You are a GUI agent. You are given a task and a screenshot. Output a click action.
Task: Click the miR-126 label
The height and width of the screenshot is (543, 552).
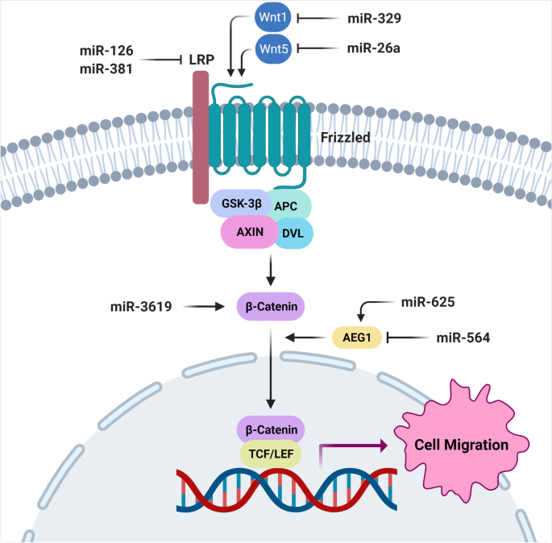(x=106, y=51)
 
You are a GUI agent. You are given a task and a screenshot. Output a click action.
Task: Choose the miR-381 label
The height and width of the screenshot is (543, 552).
(x=106, y=68)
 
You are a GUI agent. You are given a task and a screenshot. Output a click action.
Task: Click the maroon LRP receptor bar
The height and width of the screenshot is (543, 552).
(x=199, y=137)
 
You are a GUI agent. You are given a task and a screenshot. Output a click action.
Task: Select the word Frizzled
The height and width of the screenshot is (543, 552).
(x=344, y=138)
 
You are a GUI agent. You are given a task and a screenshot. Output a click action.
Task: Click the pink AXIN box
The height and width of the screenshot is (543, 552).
(x=249, y=233)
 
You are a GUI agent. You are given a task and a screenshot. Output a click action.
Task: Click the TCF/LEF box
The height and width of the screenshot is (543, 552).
(x=270, y=454)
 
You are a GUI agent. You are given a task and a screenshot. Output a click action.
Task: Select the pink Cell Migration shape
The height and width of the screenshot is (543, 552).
(x=458, y=443)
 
